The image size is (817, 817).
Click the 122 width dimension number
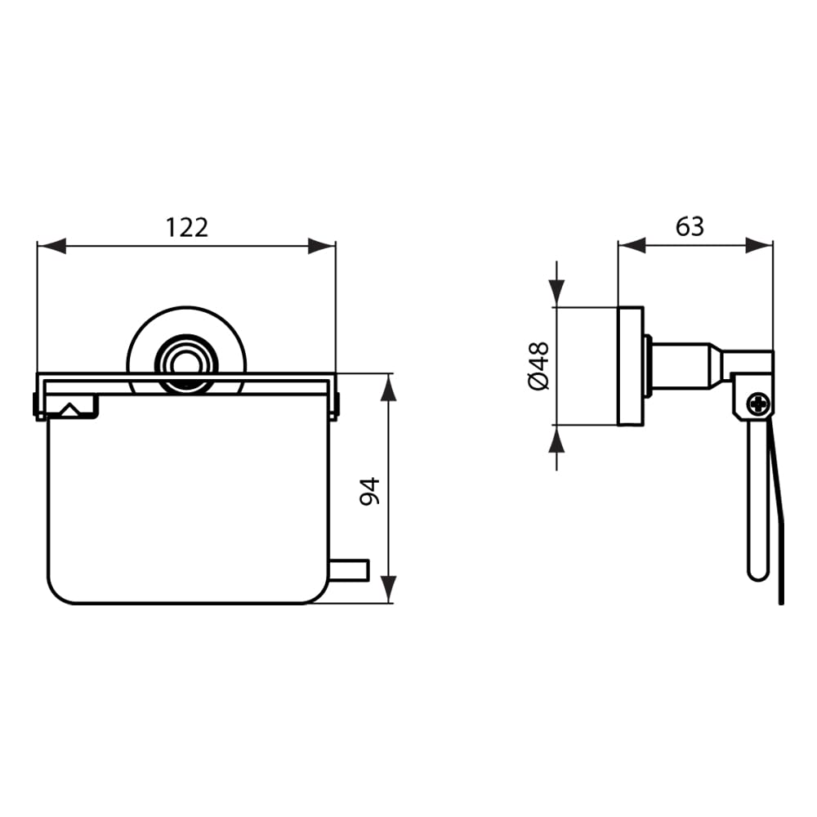pos(186,227)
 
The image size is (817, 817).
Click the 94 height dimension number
pos(370,491)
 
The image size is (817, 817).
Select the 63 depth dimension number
pos(690,226)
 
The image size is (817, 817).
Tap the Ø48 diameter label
pos(538,366)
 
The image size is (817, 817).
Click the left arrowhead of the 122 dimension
pos(51,246)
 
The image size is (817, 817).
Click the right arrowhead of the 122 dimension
pos(322,246)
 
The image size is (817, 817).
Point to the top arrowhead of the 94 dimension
pos(388,387)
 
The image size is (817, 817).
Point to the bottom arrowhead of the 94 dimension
pos(388,589)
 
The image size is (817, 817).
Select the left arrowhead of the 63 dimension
pos(632,245)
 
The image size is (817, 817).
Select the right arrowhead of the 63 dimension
pos(759,245)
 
